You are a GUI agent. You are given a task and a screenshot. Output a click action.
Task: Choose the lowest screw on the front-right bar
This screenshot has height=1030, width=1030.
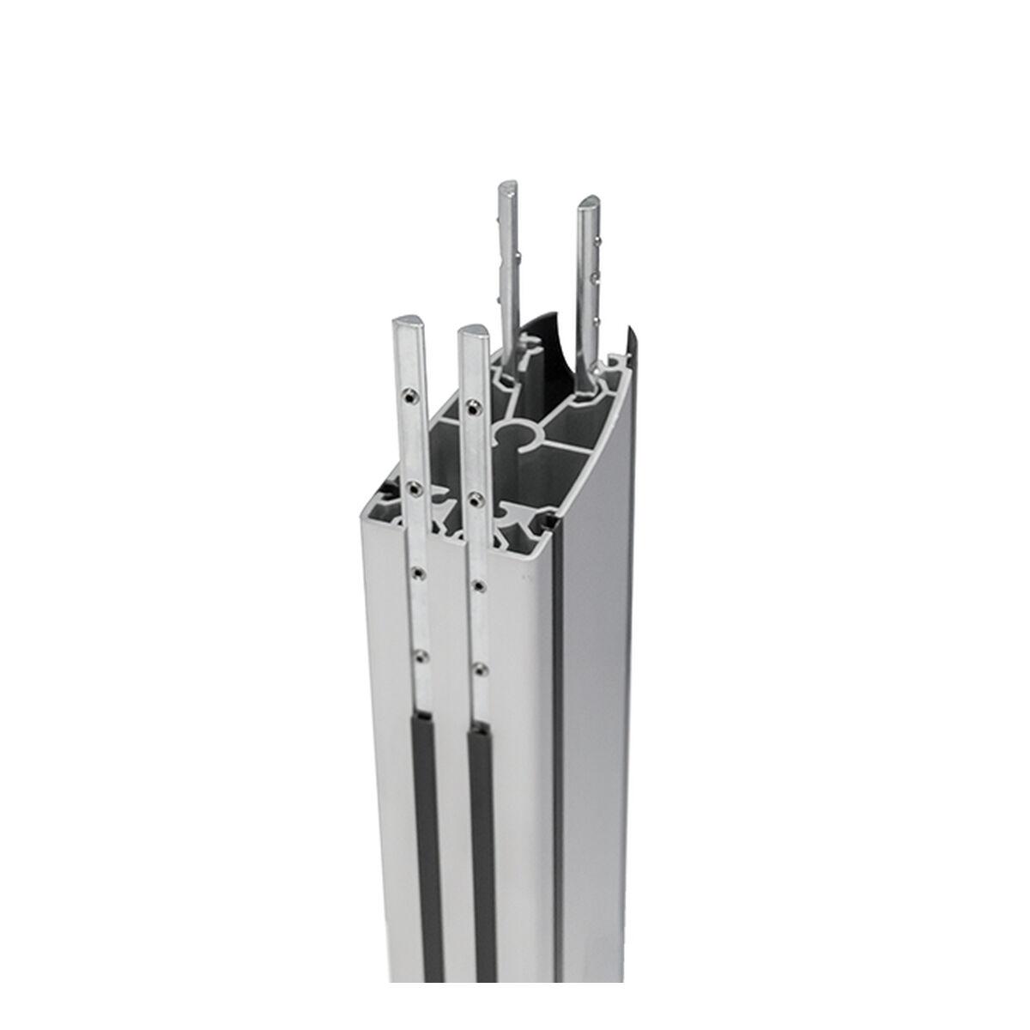481,668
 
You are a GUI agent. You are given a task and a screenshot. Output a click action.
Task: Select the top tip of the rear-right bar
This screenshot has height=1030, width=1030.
591,203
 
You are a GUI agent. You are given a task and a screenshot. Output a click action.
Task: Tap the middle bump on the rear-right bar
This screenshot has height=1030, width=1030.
596,277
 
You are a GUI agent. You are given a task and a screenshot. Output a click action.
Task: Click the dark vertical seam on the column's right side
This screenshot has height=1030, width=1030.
557,772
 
